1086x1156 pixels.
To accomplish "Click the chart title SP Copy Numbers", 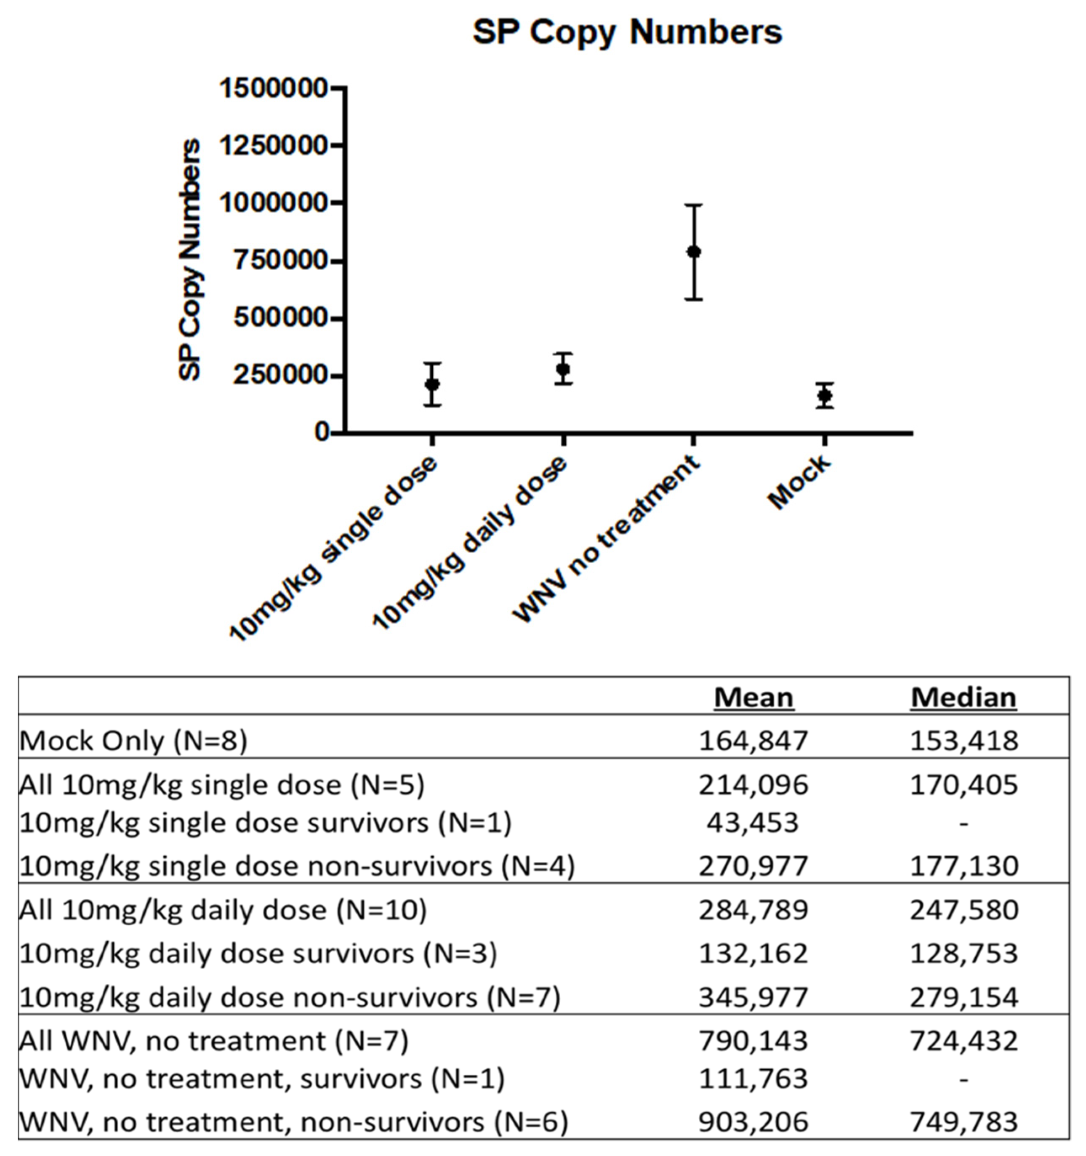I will (627, 32).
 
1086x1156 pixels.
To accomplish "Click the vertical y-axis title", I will (189, 260).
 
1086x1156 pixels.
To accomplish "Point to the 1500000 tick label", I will (273, 88).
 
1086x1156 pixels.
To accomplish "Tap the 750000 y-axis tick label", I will (280, 261).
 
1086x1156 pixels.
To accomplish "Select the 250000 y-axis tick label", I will (280, 376).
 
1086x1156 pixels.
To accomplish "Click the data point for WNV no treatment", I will (694, 252).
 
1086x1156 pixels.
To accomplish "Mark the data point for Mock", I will (824, 395).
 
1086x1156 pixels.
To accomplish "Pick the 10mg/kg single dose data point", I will (432, 384).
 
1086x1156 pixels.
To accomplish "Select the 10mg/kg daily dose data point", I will (563, 369).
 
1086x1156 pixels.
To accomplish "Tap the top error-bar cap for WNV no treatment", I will (694, 205).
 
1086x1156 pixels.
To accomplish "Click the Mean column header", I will (753, 697).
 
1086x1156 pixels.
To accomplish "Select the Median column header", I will (964, 697).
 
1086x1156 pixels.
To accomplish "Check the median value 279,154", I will (964, 997).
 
